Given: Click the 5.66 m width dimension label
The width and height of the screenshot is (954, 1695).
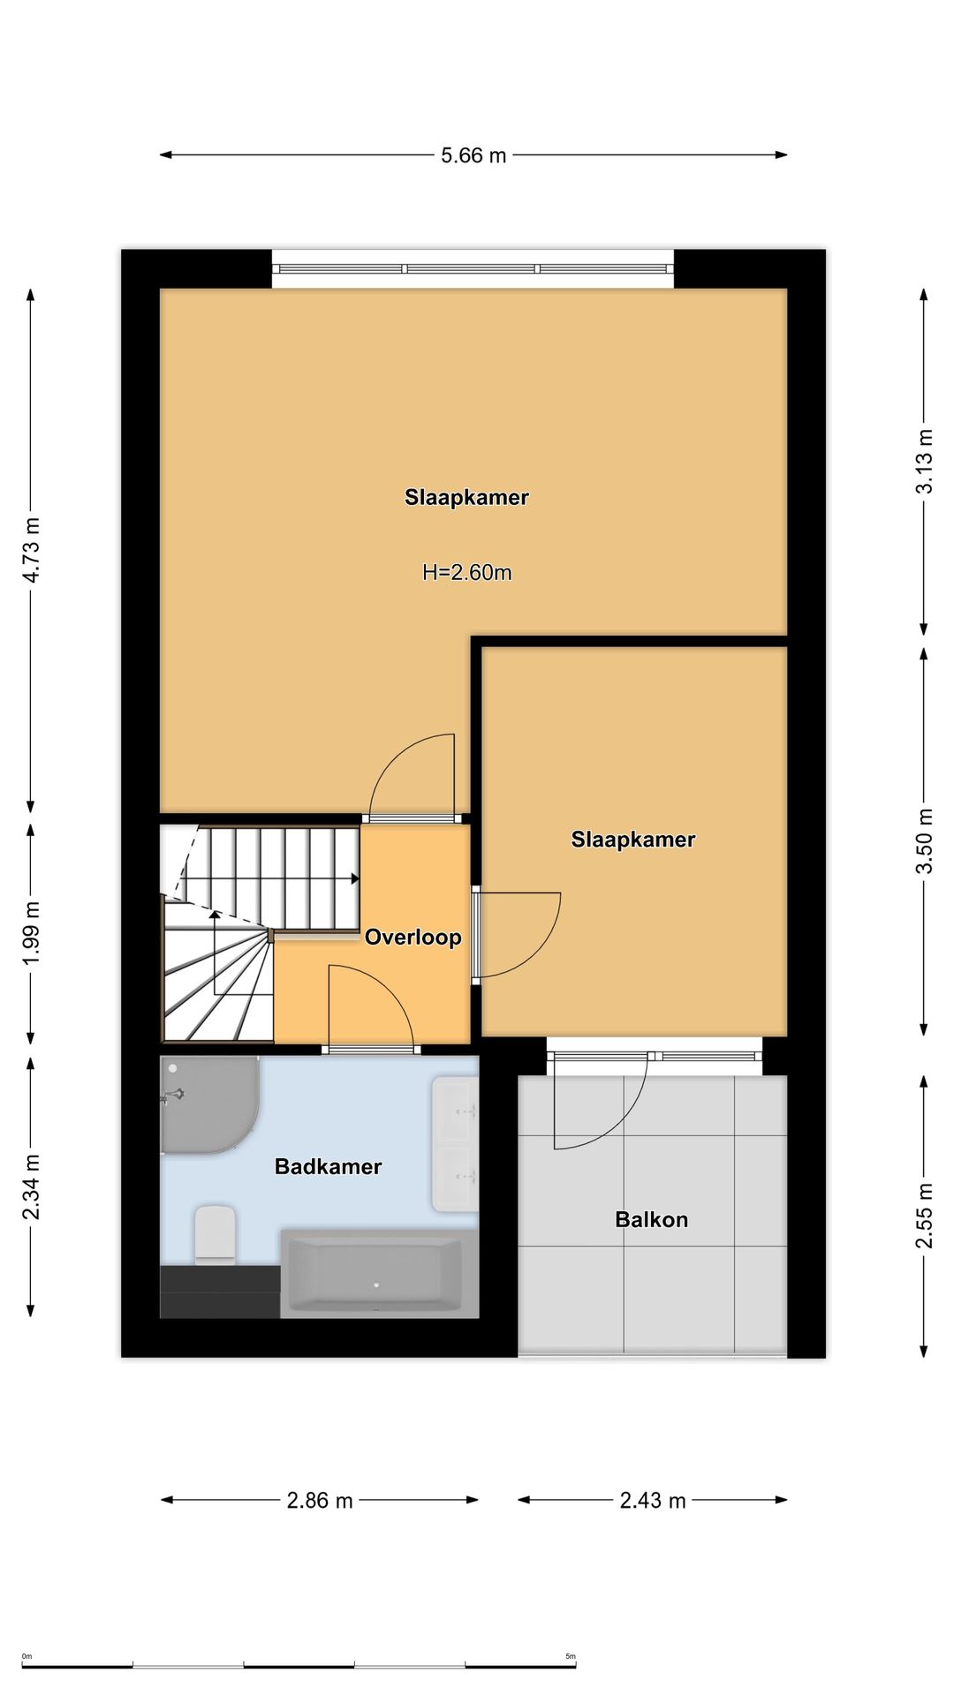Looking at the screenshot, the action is [473, 155].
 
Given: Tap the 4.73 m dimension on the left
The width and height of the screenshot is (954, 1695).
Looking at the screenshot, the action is [32, 550].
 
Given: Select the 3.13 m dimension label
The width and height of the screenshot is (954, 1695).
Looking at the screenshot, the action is [924, 462].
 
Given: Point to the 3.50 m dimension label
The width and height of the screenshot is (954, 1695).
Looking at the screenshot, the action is [924, 841].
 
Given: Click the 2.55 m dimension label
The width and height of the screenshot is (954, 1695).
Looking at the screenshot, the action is [924, 1217].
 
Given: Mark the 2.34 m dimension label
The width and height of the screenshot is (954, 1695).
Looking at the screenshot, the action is [32, 1187].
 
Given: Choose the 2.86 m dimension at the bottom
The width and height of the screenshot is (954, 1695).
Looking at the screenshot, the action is [320, 1500].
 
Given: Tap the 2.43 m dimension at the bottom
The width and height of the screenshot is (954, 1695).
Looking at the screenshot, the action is [653, 1500].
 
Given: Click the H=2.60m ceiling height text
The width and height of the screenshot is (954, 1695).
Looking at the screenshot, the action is [467, 572].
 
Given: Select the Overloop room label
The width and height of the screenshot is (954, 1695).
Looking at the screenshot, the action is [413, 937].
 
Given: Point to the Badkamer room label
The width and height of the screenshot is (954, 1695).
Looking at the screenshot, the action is [329, 1166].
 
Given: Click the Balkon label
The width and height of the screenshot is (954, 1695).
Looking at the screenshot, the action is [652, 1219].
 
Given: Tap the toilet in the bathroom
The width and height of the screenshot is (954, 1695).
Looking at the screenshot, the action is [215, 1234].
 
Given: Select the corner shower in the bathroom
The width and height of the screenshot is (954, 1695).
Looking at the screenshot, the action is [208, 1104].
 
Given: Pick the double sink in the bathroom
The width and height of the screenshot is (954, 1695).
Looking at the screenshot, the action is [455, 1143].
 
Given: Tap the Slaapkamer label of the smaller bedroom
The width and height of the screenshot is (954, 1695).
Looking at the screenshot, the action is [633, 839].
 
